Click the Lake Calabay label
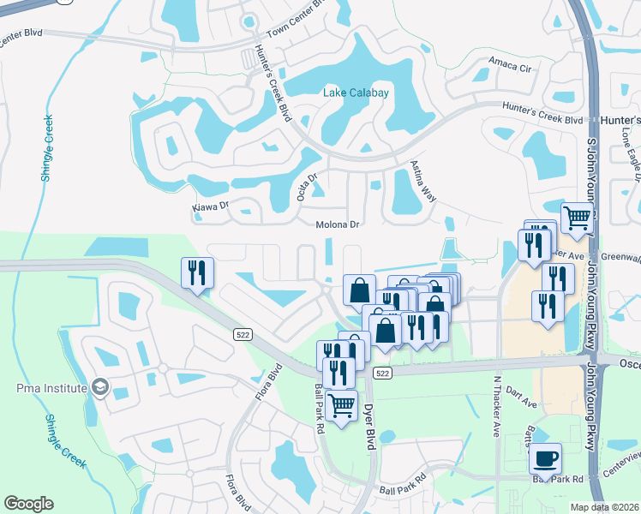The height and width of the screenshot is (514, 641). pyautogui.click(x=356, y=93)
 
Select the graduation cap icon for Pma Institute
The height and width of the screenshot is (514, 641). pyautogui.click(x=101, y=387)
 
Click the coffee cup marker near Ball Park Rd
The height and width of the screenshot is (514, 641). pyautogui.click(x=545, y=460)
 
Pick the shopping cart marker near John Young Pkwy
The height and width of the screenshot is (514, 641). pyautogui.click(x=578, y=218)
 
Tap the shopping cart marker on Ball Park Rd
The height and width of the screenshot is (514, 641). pyautogui.click(x=342, y=406)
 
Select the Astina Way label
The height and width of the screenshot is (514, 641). pyautogui.click(x=423, y=181)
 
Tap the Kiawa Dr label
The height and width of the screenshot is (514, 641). pyautogui.click(x=212, y=206)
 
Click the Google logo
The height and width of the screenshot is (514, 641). pyautogui.click(x=28, y=504)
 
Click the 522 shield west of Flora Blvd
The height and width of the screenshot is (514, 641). pyautogui.click(x=244, y=336)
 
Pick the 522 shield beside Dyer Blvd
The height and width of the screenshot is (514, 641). pyautogui.click(x=382, y=374)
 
